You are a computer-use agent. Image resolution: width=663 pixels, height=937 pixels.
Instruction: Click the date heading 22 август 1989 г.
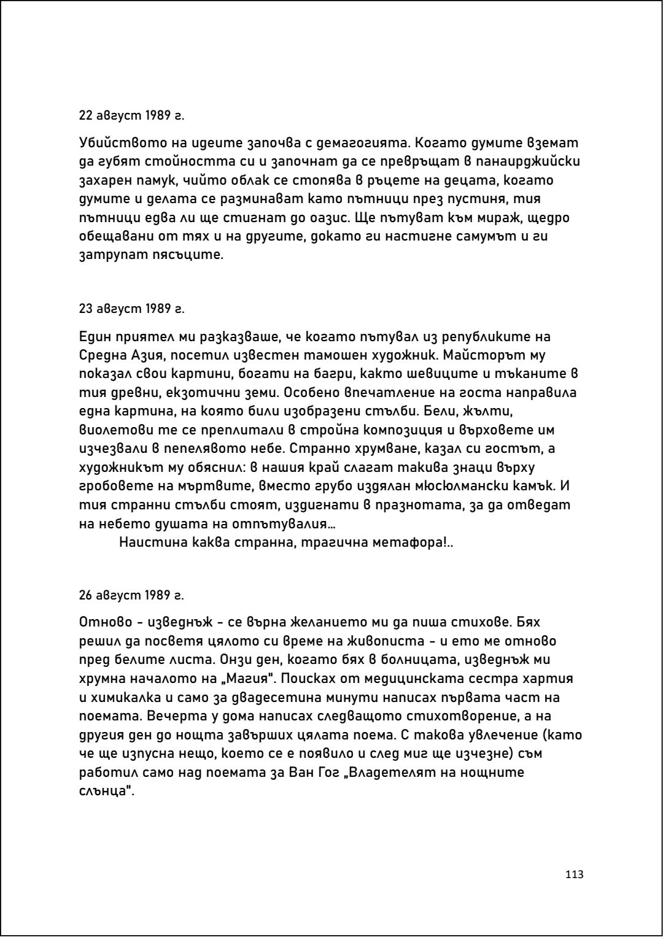(131, 115)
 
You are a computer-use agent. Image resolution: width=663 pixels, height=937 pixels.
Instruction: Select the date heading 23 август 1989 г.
(131, 308)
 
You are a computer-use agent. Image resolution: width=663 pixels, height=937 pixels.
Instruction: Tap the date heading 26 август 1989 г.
(131, 595)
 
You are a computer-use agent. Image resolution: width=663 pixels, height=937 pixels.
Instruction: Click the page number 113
(575, 874)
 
